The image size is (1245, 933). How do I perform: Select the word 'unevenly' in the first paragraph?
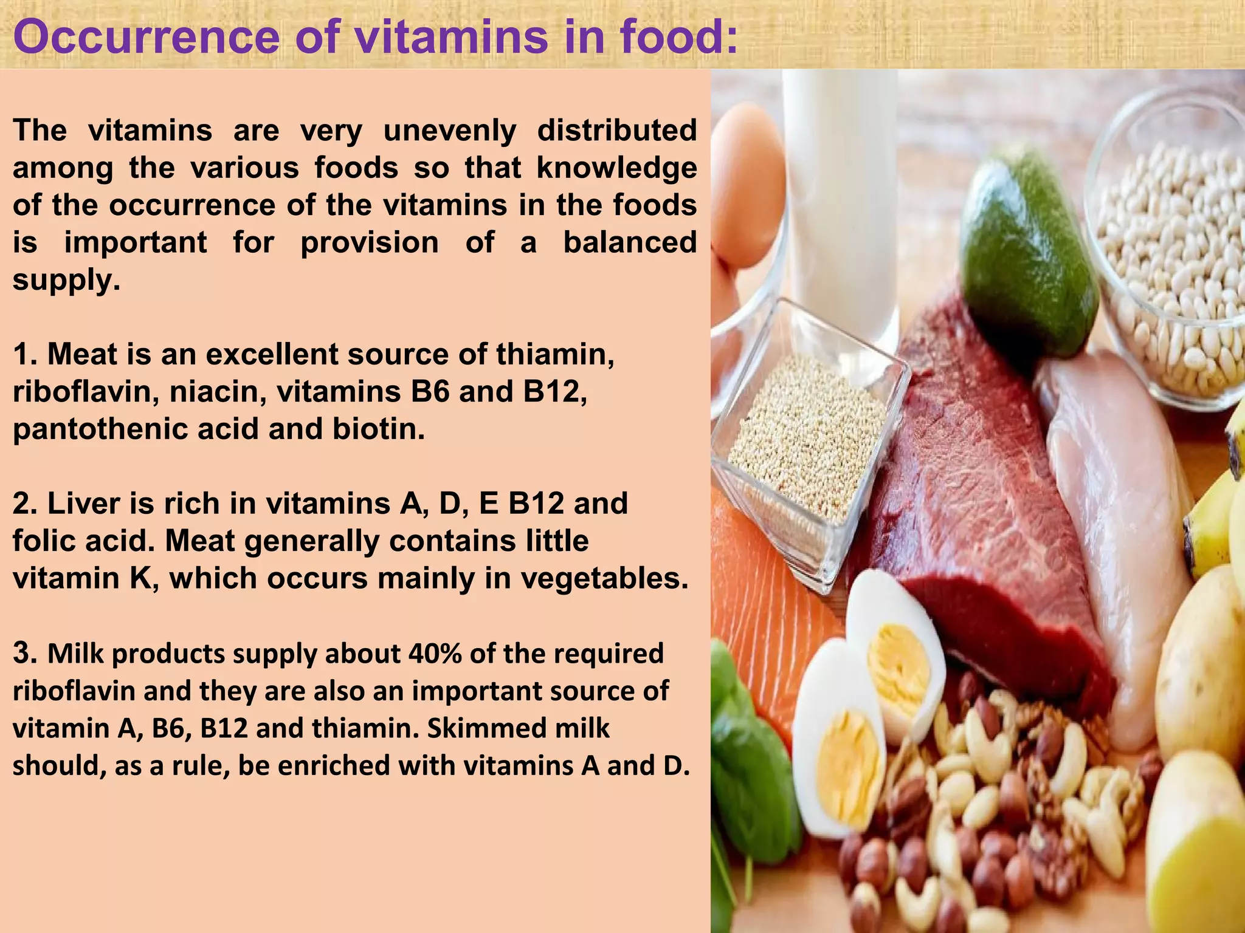(x=449, y=131)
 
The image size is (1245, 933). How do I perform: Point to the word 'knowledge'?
(x=616, y=168)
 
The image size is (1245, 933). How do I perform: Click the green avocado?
(x=1027, y=255)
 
